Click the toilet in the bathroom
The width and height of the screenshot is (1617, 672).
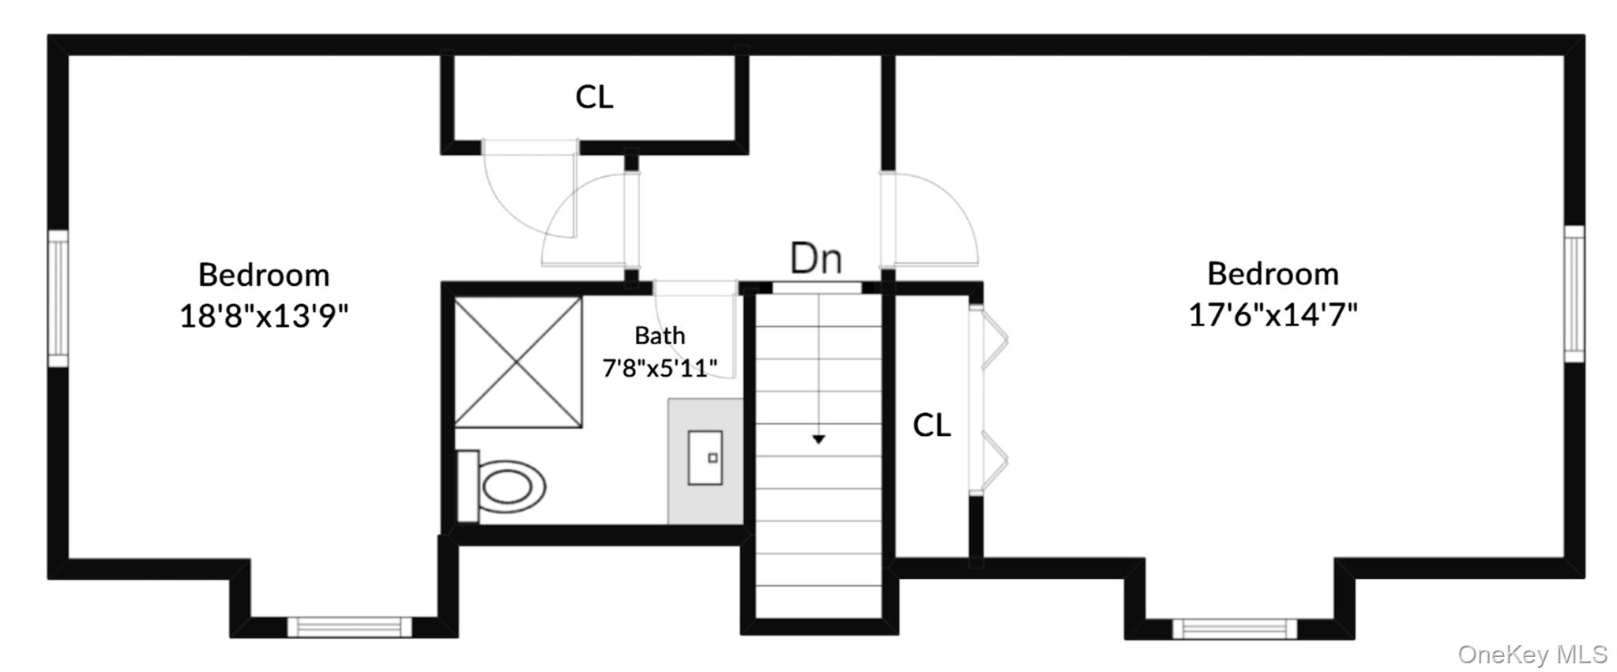click(x=502, y=486)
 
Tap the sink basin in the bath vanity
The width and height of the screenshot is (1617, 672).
click(x=705, y=457)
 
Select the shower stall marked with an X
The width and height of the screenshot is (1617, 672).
click(x=518, y=362)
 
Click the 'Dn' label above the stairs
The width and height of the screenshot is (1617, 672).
click(x=816, y=258)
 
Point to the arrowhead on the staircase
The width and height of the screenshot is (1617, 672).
click(x=818, y=439)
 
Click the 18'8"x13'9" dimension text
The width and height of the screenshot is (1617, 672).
click(x=264, y=317)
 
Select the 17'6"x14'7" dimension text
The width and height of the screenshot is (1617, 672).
click(x=1273, y=316)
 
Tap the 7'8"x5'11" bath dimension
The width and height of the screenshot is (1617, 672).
click(x=660, y=368)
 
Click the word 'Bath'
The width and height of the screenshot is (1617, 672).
click(x=660, y=336)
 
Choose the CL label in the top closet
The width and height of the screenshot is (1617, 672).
click(x=594, y=97)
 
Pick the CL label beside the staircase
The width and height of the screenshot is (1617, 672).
click(x=931, y=426)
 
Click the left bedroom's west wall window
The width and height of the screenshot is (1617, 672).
click(x=58, y=298)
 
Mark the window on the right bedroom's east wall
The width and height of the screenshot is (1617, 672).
click(x=1574, y=294)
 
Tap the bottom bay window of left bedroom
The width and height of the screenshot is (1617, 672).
click(x=349, y=627)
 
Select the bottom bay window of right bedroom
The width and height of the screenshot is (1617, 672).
click(x=1235, y=629)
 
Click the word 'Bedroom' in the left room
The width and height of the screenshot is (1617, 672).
click(x=264, y=275)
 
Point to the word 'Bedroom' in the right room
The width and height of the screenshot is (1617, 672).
click(x=1273, y=274)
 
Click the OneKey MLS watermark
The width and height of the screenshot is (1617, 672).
click(x=1532, y=655)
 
